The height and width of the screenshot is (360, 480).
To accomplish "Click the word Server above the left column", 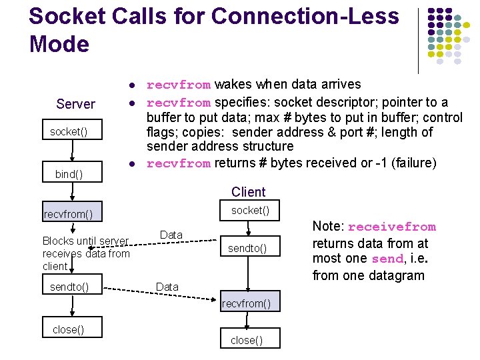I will pos(75,104).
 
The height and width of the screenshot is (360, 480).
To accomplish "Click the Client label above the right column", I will pos(248,192).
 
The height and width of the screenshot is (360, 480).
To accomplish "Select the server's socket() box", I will pos(69,132).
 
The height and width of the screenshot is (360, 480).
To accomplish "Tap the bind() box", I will pos(69,174).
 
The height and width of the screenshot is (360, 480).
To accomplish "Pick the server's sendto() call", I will pos(69,287).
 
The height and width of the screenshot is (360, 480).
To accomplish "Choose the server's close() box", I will pos(69,329).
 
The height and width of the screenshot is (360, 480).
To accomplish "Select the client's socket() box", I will pos(250,211).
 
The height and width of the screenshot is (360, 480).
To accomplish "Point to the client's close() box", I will pos(247,340).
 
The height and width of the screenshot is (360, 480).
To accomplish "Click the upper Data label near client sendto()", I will pos(171,235).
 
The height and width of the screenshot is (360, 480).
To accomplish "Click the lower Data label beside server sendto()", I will pos(167,287).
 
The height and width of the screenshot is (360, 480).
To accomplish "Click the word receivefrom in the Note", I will pos(391,227).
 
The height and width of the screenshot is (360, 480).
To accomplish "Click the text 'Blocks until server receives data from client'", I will pos(85,253).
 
